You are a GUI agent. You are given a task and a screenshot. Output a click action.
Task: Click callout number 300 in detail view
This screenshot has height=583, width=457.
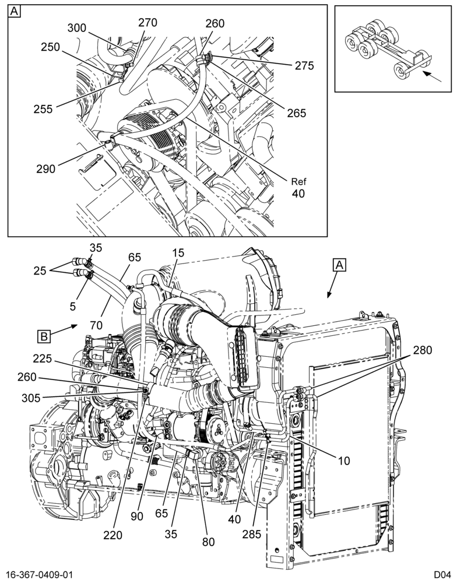pos(77,28)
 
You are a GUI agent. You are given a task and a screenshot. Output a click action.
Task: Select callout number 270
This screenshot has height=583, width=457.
pos(147,23)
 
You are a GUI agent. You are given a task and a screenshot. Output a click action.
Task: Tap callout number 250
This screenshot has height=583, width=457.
pos(50,47)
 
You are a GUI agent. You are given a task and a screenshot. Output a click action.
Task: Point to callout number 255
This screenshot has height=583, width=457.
pos(43,110)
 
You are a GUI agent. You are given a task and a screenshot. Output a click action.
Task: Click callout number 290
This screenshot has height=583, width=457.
pos(45,169)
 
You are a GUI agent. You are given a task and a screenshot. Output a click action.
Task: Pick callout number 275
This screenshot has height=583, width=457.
pos(304,66)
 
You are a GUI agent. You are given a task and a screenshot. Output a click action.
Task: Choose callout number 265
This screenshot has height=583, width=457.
pos(296,113)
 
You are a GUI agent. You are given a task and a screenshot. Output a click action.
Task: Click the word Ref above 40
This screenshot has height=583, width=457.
pos(298,182)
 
